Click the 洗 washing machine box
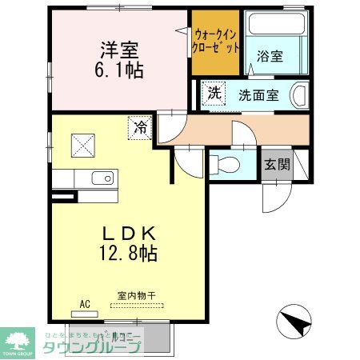[214, 92]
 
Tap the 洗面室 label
[258, 94]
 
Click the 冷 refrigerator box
[140, 126]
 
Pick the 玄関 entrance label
[278, 166]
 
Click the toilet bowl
[226, 166]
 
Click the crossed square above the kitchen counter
[83, 145]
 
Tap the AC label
[86, 304]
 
